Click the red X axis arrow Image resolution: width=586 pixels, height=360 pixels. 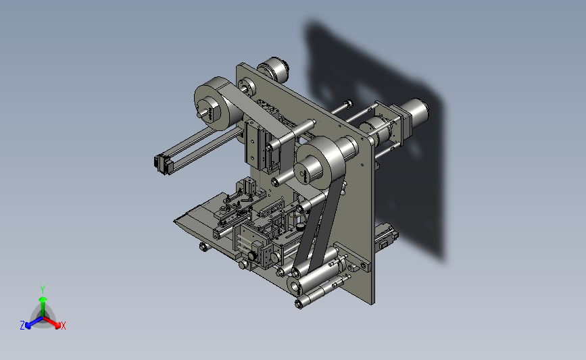pos(51,322)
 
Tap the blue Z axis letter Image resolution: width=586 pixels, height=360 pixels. pos(22,326)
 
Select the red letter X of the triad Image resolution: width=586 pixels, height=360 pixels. pos(63,326)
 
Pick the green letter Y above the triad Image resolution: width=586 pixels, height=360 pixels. pos(43,290)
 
